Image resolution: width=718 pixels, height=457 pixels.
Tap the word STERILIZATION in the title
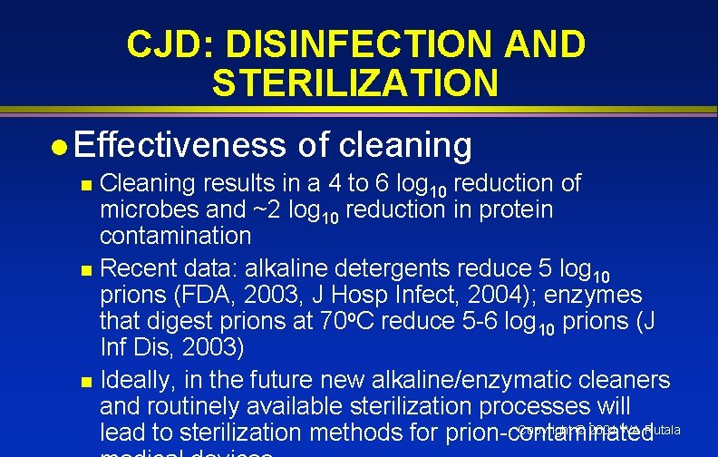355,83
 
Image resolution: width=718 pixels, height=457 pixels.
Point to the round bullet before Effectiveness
57,146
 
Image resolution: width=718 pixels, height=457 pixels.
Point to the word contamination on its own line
175,237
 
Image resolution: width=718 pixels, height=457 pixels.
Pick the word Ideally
131,380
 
